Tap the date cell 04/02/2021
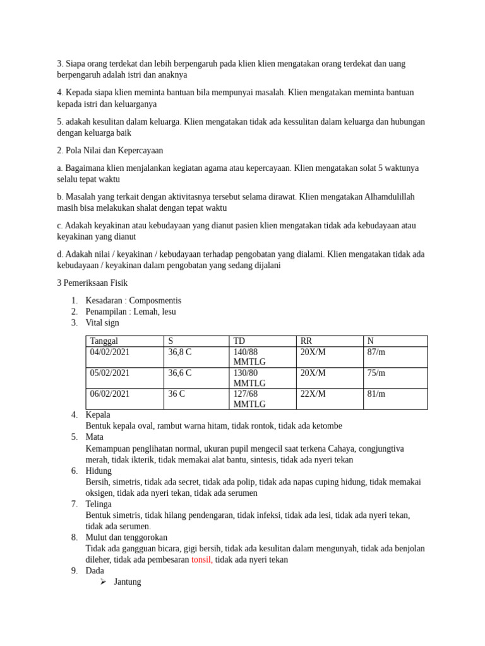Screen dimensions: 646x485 [x=110, y=352]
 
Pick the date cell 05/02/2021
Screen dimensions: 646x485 [x=110, y=373]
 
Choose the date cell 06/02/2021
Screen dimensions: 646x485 [x=110, y=394]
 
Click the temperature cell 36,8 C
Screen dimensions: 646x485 [x=180, y=352]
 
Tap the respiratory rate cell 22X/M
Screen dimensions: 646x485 [x=313, y=394]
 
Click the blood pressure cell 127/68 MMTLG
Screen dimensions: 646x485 [x=250, y=399]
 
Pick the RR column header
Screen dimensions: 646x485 [x=306, y=341]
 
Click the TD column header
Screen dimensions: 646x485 [x=239, y=341]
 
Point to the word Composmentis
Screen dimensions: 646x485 [x=155, y=300]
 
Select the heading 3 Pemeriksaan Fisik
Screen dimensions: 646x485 [x=92, y=283]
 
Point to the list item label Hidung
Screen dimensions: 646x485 [x=99, y=471]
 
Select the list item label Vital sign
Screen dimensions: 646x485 [x=102, y=323]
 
